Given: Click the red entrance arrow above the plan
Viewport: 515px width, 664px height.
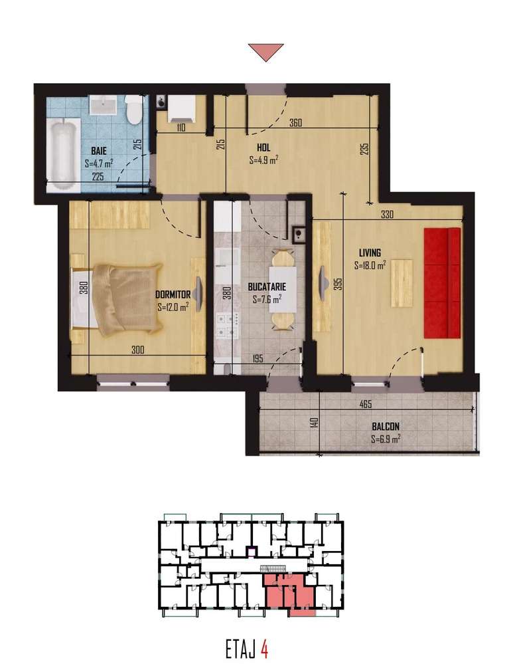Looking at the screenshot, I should tap(265, 52).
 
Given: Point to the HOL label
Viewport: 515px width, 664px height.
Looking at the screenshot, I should tap(263, 148).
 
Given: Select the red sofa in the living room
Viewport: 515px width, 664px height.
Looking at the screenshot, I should tap(443, 282).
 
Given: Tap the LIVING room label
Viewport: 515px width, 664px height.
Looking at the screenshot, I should tap(370, 253).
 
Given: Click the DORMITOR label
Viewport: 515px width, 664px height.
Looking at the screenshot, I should tap(173, 294).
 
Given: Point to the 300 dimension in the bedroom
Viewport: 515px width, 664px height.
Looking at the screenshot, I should tap(137, 350).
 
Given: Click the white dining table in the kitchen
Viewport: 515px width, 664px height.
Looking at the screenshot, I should tap(282, 290).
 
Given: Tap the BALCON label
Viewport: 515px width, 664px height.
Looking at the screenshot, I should tap(385, 427).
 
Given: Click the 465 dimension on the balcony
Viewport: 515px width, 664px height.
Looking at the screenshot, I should tap(384, 403).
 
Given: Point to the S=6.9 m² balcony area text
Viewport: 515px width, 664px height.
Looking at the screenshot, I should tap(385, 439).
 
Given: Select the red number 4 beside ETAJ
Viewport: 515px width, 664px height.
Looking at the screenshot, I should tap(264, 647).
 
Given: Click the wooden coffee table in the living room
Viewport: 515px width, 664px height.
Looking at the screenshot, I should tap(402, 283).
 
